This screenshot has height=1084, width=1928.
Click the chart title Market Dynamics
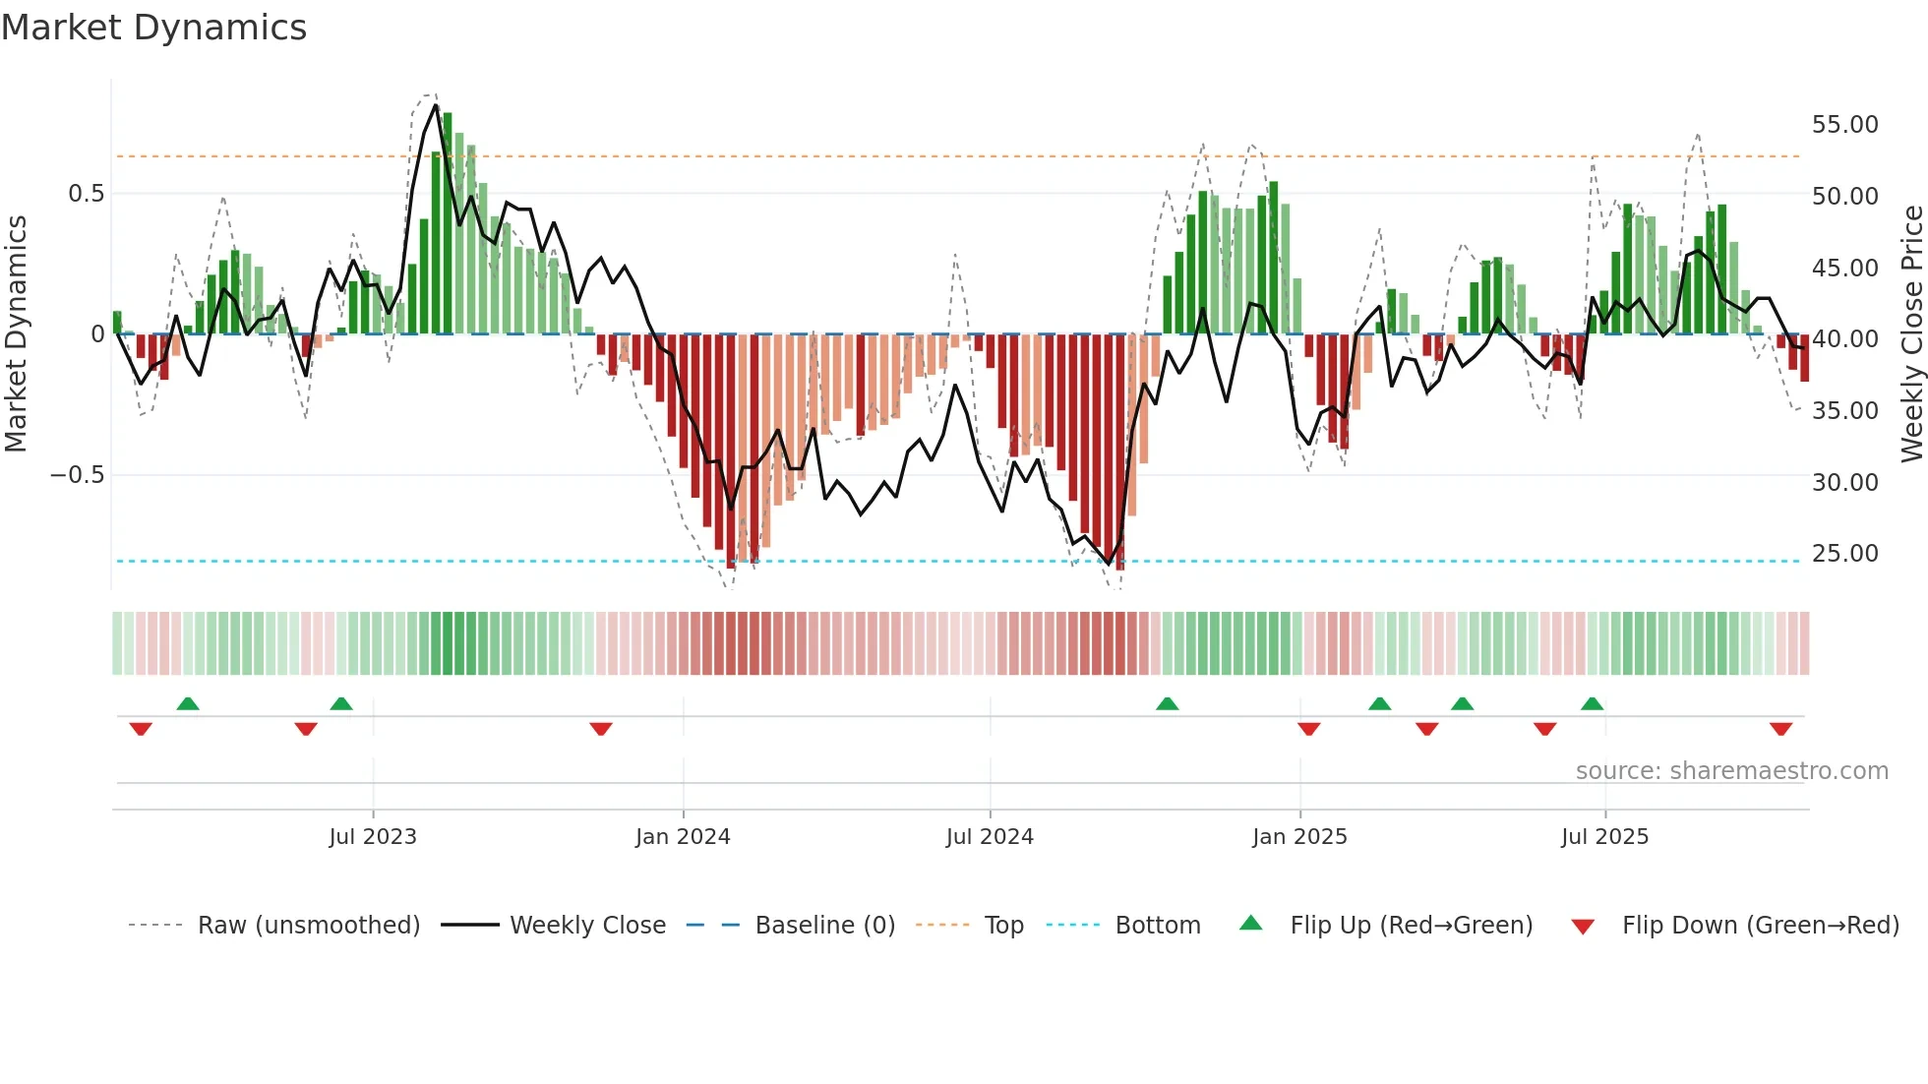click(x=154, y=28)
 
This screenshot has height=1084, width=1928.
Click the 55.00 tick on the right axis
click(x=1844, y=125)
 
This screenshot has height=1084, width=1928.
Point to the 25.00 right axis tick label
click(x=1844, y=554)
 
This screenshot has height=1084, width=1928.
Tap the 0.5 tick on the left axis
click(x=86, y=194)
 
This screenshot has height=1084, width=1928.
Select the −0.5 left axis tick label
click(x=77, y=475)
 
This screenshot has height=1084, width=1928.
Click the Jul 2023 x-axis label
click(x=373, y=837)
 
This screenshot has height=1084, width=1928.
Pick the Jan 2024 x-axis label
click(x=683, y=837)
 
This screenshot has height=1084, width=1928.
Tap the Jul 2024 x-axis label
click(x=990, y=837)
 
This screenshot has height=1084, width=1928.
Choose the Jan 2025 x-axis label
click(x=1299, y=837)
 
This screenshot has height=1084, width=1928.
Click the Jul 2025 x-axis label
click(x=1604, y=837)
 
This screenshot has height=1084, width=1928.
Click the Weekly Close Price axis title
click(x=1911, y=334)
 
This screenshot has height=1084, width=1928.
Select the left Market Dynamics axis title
click(x=16, y=334)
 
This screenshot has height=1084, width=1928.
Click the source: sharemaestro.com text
click(x=1731, y=771)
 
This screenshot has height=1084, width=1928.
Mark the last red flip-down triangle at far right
click(x=1780, y=729)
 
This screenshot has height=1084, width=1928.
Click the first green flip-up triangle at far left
click(x=188, y=703)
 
